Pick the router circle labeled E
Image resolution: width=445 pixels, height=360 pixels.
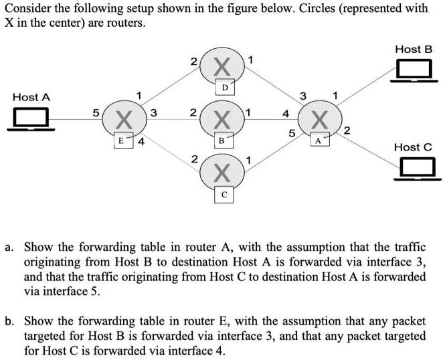[x=122, y=121]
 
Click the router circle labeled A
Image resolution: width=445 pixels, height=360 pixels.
[x=320, y=121]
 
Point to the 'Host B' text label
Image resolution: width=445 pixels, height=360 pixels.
[x=414, y=49]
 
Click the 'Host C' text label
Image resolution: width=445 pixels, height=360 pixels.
[x=413, y=147]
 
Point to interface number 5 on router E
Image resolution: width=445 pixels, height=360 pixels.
[x=95, y=112]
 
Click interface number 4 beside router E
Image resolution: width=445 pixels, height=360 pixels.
[x=141, y=142]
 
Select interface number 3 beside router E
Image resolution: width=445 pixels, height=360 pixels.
[x=153, y=113]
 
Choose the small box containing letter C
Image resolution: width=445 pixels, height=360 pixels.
[x=224, y=195]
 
